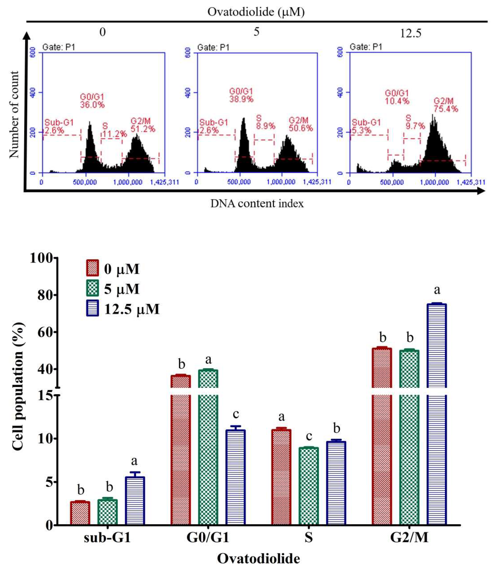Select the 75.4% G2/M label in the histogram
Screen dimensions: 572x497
pyautogui.click(x=446, y=109)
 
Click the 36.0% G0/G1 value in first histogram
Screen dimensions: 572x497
pyautogui.click(x=92, y=105)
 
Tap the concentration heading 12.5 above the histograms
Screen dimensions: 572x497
pyautogui.click(x=410, y=33)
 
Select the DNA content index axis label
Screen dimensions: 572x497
pyautogui.click(x=257, y=204)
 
